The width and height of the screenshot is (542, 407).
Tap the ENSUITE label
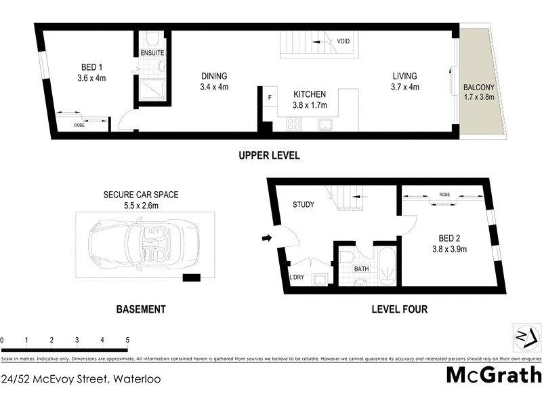pyautogui.click(x=152, y=53)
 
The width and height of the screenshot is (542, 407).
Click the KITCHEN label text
pyautogui.click(x=310, y=94)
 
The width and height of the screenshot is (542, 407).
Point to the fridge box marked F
pyautogui.click(x=270, y=97)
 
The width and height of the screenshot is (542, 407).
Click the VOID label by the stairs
pyautogui.click(x=343, y=42)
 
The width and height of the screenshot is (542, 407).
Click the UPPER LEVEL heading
pyautogui.click(x=269, y=156)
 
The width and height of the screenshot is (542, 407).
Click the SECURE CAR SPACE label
pyautogui.click(x=141, y=195)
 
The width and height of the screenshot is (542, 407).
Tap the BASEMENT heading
pyautogui.click(x=141, y=309)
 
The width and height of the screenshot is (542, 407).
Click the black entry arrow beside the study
pyautogui.click(x=267, y=238)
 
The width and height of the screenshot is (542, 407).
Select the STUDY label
pyautogui.click(x=303, y=204)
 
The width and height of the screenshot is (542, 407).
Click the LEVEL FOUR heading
pyautogui.click(x=399, y=309)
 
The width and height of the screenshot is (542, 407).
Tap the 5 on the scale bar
pyautogui.click(x=127, y=339)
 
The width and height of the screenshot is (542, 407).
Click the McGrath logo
pyautogui.click(x=494, y=374)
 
